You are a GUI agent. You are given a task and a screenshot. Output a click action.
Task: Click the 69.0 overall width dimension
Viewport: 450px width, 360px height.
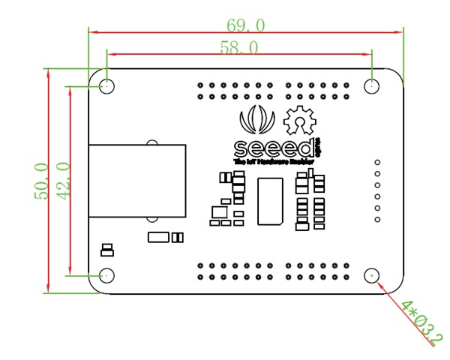click(245, 25)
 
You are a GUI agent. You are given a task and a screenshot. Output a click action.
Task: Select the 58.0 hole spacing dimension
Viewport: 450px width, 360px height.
click(239, 47)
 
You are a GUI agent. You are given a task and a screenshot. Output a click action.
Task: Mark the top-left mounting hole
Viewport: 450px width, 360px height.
click(107, 86)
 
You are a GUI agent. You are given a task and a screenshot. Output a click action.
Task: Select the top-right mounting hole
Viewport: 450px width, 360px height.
click(372, 86)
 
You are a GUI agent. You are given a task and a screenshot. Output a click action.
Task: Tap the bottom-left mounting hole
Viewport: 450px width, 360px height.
click(107, 276)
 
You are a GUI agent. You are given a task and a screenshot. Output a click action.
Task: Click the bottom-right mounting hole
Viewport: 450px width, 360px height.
click(372, 276)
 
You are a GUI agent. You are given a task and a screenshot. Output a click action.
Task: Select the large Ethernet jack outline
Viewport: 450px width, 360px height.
click(136, 181)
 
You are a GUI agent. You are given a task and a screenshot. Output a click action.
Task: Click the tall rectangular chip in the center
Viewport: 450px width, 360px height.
click(270, 201)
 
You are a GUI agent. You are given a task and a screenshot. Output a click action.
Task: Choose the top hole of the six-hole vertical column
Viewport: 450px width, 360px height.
click(377, 163)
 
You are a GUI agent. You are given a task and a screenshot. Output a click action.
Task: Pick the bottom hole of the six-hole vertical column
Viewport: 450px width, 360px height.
click(377, 220)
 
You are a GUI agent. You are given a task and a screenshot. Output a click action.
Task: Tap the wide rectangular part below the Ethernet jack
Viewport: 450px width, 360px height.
click(159, 238)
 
